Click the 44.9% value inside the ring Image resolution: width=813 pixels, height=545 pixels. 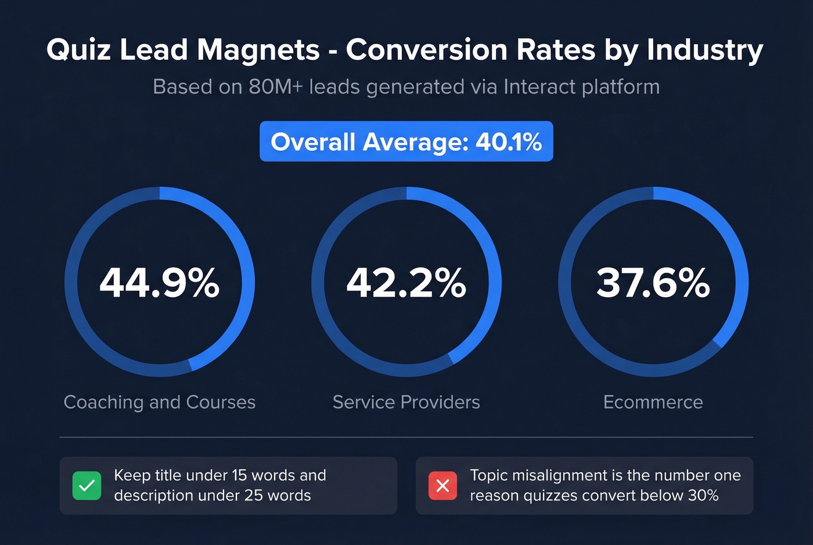[160, 283]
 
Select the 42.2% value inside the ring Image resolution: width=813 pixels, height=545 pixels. [406, 283]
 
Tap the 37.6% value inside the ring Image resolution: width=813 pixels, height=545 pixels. [653, 283]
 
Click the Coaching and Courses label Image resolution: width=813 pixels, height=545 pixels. [160, 402]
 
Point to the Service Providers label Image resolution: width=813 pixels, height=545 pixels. [406, 402]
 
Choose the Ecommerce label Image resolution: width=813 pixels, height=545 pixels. [653, 402]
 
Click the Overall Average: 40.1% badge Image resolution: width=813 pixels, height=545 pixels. [406, 142]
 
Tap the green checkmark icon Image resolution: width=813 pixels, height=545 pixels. [87, 486]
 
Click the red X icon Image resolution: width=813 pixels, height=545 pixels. [443, 486]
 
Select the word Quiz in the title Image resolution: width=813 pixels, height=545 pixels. [78, 50]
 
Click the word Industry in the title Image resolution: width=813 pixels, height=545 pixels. [705, 50]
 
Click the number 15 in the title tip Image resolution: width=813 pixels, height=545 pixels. [239, 475]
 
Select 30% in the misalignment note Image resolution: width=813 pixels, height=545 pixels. [703, 496]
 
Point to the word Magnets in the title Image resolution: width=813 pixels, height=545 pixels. [258, 50]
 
